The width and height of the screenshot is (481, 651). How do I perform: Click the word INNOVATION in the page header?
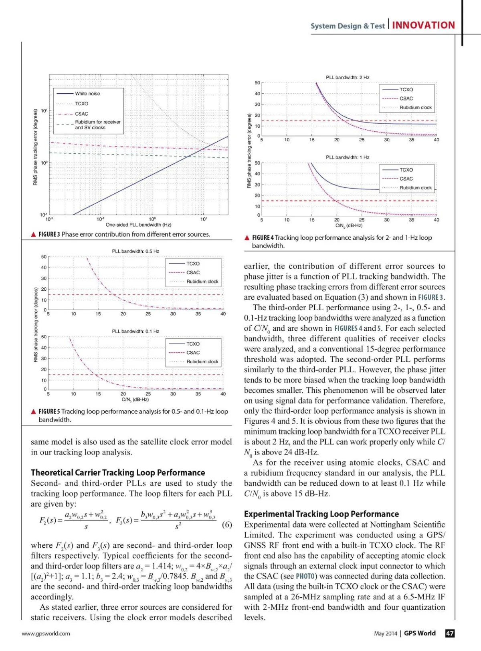pyautogui.click(x=423, y=25)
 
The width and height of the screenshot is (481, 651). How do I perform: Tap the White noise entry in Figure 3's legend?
pyautogui.click(x=87, y=94)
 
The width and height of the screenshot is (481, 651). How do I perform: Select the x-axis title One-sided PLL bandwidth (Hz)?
pyautogui.click(x=138, y=225)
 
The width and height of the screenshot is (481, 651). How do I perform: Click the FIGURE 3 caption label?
pyautogui.click(x=49, y=235)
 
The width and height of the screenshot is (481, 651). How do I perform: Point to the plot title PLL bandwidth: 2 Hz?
pyautogui.click(x=348, y=77)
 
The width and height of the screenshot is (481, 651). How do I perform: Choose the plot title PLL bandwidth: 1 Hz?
pyautogui.click(x=348, y=157)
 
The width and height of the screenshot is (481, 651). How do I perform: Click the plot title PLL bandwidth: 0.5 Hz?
pyautogui.click(x=135, y=251)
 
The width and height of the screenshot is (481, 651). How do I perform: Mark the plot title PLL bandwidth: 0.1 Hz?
pyautogui.click(x=135, y=332)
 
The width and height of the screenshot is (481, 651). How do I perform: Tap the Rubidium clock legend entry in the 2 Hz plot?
pyautogui.click(x=415, y=107)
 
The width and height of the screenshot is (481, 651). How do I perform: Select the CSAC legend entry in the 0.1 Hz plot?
pyautogui.click(x=193, y=353)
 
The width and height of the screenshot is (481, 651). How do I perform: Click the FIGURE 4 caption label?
pyautogui.click(x=263, y=238)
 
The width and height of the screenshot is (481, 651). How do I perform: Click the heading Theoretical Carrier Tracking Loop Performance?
pyautogui.click(x=118, y=473)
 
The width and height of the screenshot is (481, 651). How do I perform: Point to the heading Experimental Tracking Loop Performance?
pyautogui.click(x=321, y=514)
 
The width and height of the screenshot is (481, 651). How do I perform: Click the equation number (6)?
pyautogui.click(x=227, y=524)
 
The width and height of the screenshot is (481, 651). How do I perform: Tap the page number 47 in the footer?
pyautogui.click(x=450, y=633)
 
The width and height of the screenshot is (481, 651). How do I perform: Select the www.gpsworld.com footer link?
pyautogui.click(x=46, y=633)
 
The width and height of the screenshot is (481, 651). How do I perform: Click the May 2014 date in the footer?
pyautogui.click(x=385, y=633)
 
